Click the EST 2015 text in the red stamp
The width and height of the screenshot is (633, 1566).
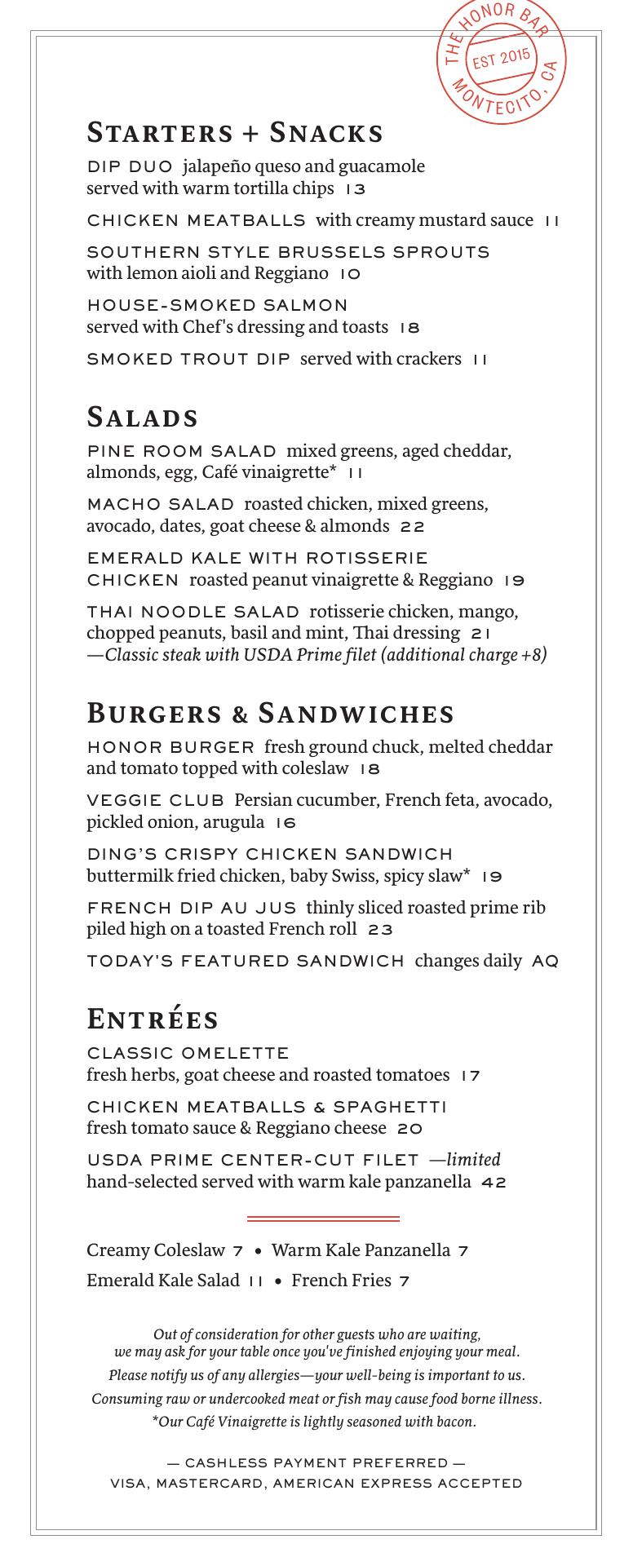(x=501, y=60)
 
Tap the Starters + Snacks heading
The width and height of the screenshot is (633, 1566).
(x=235, y=132)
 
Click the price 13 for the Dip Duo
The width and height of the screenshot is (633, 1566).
(x=355, y=189)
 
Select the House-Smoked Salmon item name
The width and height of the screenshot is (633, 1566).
(x=217, y=305)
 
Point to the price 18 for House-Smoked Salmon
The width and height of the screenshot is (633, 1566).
(x=409, y=328)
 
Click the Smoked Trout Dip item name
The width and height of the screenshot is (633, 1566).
(x=188, y=359)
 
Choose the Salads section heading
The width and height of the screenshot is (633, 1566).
(x=143, y=417)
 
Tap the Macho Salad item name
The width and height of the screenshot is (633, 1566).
(x=160, y=505)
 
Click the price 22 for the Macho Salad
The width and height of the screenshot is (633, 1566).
(x=412, y=527)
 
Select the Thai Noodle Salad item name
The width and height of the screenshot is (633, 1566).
(x=193, y=612)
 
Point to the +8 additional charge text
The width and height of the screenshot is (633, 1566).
(x=533, y=655)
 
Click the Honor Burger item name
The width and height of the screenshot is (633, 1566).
(x=170, y=747)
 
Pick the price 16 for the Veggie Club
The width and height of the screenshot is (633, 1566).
(x=286, y=823)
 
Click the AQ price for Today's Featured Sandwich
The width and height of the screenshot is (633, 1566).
(x=545, y=962)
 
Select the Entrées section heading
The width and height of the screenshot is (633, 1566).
(x=153, y=1019)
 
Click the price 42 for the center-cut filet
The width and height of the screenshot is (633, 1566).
(x=494, y=1183)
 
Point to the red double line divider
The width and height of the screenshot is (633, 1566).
(x=323, y=1219)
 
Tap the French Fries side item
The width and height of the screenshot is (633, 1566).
(x=341, y=1281)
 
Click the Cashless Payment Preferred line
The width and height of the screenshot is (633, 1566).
(x=316, y=1462)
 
